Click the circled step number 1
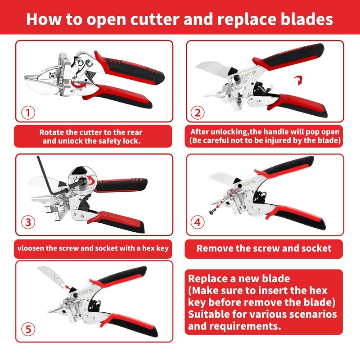coord(28,112)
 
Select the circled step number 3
coord(28,222)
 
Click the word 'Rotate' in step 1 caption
coord(52,132)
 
